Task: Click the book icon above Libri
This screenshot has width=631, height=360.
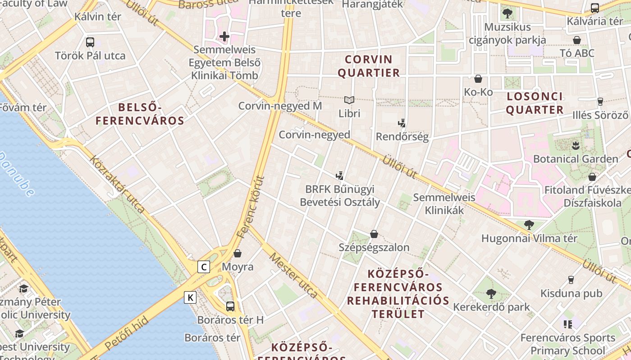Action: tap(349, 100)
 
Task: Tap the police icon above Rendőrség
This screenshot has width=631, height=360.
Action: tap(402, 123)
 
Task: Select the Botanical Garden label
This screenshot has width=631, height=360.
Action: tap(576, 159)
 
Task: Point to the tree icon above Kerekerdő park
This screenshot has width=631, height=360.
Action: tap(491, 294)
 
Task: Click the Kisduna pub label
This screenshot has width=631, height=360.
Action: tap(571, 293)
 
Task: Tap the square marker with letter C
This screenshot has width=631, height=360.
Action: tap(204, 267)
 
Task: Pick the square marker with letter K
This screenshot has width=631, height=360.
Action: tap(190, 297)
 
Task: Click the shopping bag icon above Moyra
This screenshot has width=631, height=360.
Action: tap(238, 253)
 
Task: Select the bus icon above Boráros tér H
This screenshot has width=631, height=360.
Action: tap(230, 306)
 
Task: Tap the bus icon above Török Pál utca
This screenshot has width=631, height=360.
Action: tap(90, 42)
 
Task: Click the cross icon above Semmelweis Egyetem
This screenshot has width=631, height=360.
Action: tap(224, 36)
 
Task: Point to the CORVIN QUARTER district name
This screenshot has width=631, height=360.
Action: tap(369, 66)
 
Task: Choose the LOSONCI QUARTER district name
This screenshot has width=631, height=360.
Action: tap(535, 103)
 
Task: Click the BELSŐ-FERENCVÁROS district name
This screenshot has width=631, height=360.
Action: tap(140, 114)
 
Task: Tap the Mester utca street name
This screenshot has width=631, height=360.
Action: tap(293, 275)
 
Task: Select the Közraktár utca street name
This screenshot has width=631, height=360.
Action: tap(117, 184)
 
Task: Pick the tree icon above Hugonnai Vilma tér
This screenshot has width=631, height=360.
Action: tap(529, 225)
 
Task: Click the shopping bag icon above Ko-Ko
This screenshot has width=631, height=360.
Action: tap(478, 79)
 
